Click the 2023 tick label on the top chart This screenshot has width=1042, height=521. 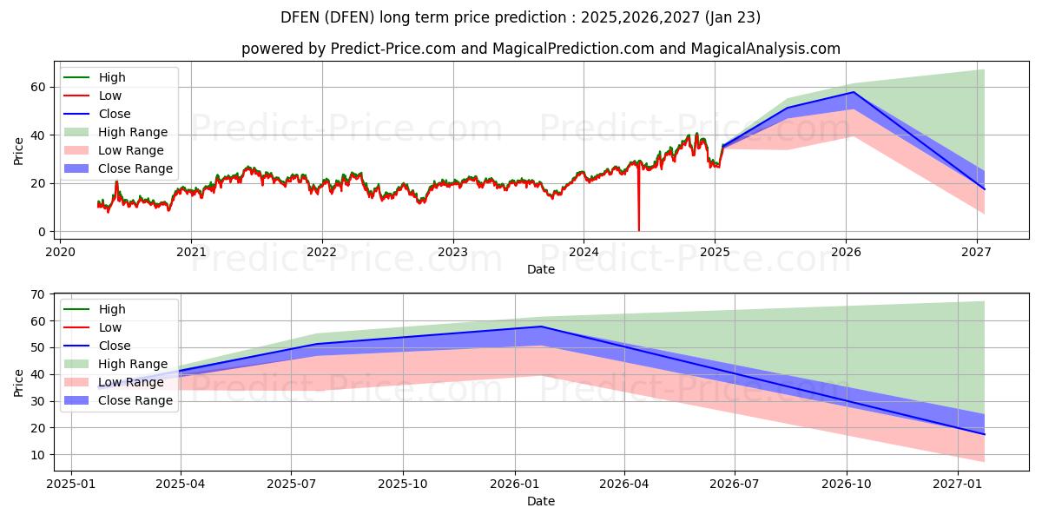coord(452,252)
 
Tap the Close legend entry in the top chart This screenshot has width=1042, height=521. coord(115,114)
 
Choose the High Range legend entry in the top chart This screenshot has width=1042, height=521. coord(133,132)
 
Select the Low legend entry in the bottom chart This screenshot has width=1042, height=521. coord(110,327)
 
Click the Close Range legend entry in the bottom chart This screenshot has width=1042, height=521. coord(135,400)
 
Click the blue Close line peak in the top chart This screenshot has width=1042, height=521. coord(854,92)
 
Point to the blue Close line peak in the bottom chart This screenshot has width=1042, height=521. coord(540,326)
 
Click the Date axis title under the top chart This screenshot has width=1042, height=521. coord(540,269)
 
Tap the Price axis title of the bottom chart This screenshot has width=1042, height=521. coord(19,382)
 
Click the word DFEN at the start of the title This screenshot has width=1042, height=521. coord(300,17)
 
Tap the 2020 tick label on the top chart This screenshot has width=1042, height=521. coord(60,252)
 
